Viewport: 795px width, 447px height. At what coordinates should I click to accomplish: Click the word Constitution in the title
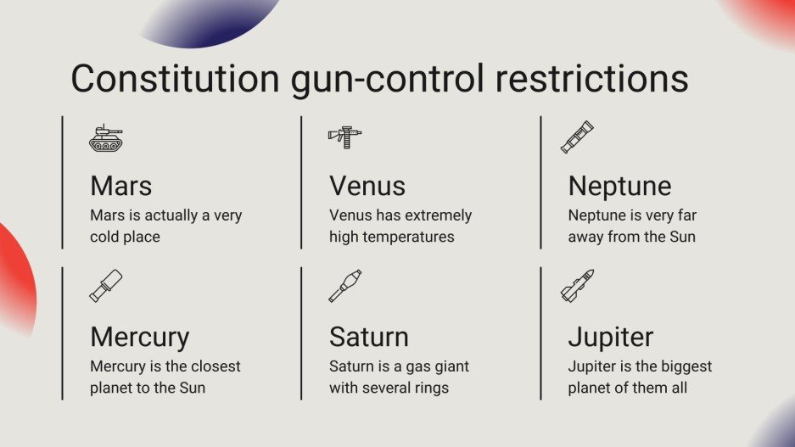(175, 78)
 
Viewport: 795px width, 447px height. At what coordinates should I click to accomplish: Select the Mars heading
(121, 186)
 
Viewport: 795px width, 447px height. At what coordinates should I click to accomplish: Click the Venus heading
(367, 186)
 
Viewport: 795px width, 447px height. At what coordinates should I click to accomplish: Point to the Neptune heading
(619, 186)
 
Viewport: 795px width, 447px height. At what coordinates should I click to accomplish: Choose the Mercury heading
(140, 337)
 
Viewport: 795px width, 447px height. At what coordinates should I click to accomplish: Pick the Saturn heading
(369, 337)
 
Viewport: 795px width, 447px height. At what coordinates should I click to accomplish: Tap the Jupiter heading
(611, 337)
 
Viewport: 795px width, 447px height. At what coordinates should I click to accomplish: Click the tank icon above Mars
(106, 138)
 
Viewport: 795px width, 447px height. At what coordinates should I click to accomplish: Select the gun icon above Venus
(344, 137)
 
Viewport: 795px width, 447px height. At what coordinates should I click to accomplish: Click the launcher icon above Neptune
(577, 137)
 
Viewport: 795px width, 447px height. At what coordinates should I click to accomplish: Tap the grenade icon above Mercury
(106, 286)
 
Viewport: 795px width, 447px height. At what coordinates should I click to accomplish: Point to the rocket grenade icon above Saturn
(345, 286)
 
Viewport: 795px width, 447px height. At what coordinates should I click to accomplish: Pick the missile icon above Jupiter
(578, 286)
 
